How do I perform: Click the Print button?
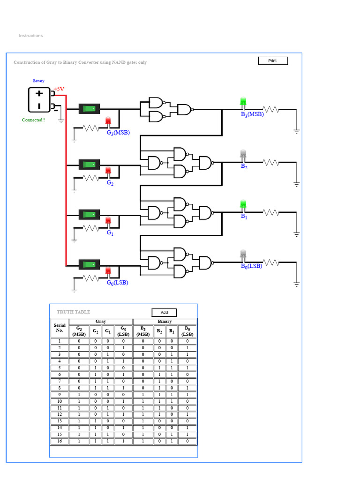tap(273, 61)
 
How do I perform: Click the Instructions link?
tap(31, 36)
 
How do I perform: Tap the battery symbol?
tap(39, 100)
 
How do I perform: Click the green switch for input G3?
tap(90, 109)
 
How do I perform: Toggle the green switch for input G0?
tap(90, 264)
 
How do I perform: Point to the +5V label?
tap(59, 89)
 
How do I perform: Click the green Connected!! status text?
tap(34, 120)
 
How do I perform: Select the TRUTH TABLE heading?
tap(74, 312)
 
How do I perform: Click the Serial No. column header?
tap(60, 328)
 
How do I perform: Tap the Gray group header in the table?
tap(101, 322)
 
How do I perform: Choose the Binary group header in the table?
tap(165, 322)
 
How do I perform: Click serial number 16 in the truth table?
tap(60, 441)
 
